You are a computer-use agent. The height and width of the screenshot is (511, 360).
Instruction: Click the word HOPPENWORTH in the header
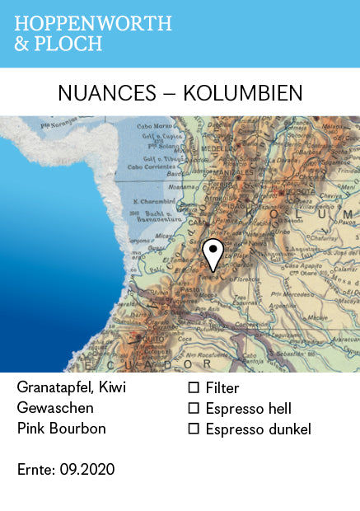click(x=93, y=23)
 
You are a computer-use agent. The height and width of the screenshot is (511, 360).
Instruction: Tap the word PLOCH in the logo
click(x=70, y=44)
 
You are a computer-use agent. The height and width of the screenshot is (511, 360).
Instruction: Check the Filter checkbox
click(x=194, y=387)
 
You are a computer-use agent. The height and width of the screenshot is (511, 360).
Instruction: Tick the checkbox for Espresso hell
click(x=194, y=408)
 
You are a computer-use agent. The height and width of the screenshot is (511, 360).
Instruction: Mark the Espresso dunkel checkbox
click(x=194, y=429)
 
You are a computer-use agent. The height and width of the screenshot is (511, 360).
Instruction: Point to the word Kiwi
click(x=112, y=387)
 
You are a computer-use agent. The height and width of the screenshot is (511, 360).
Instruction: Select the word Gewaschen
click(x=54, y=408)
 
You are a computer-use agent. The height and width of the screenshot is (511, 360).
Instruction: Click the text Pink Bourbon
click(x=62, y=429)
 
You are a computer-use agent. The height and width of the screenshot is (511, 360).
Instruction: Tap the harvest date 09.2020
click(x=87, y=470)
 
